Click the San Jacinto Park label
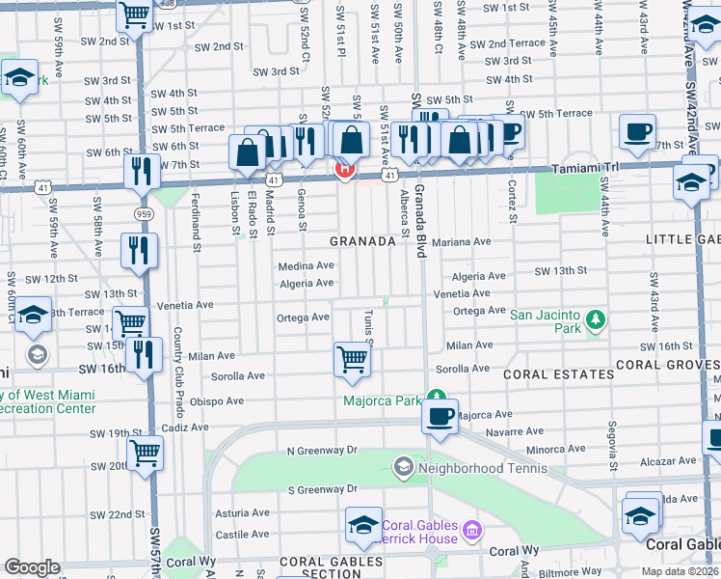point(546,321)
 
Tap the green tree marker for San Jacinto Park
point(597,318)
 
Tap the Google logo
point(32,566)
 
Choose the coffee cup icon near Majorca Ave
point(441,417)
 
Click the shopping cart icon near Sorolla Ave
point(353,359)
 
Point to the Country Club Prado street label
point(178,368)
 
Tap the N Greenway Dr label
point(322,450)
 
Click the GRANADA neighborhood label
point(362,241)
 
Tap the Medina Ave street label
point(306,265)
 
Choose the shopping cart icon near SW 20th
point(145,451)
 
